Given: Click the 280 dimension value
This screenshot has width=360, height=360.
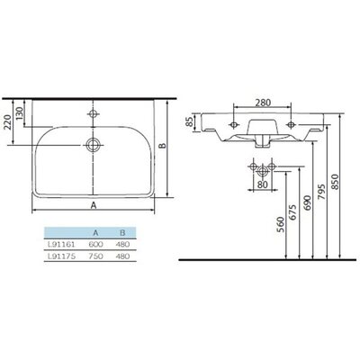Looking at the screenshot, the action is (x=263, y=103).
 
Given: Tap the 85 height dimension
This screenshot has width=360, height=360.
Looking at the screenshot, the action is (x=189, y=122).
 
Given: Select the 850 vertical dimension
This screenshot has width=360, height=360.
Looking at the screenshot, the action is (x=335, y=182).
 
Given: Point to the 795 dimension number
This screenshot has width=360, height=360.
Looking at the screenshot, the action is (x=321, y=192).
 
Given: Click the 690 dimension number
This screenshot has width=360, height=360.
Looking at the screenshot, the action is (x=308, y=202).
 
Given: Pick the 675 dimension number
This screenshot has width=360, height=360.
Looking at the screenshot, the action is (x=293, y=212).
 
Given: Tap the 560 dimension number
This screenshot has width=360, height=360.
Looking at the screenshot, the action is (x=280, y=224).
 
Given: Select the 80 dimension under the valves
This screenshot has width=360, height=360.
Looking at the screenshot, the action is (x=262, y=184).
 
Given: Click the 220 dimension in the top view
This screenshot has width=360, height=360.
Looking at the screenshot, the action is (x=8, y=122).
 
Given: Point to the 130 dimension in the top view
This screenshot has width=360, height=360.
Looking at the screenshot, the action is (x=19, y=113).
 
